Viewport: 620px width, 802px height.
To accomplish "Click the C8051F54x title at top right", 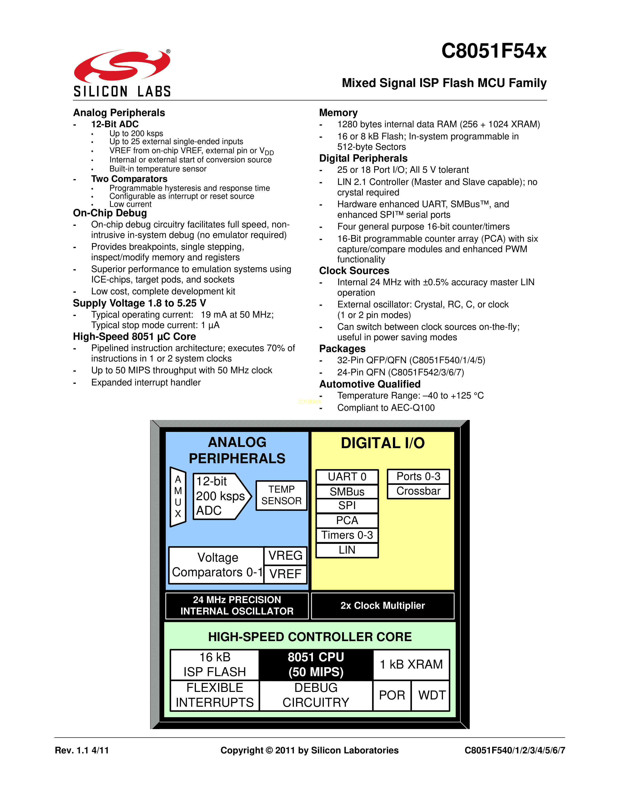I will pyautogui.click(x=493, y=51).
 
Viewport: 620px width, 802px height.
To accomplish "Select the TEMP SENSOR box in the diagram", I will pyautogui.click(x=281, y=495).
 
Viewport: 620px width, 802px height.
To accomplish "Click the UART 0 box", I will pyautogui.click(x=347, y=477).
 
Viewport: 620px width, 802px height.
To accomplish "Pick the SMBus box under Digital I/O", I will pyautogui.click(x=347, y=491).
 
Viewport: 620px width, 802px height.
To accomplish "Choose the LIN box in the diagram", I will pyautogui.click(x=347, y=550).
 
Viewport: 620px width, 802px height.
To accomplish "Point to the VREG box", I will pyautogui.click(x=285, y=556).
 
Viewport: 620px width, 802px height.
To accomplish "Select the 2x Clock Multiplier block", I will pyautogui.click(x=382, y=606).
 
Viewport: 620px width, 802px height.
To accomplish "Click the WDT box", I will pyautogui.click(x=431, y=695).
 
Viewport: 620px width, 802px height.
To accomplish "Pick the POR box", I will pyautogui.click(x=392, y=695).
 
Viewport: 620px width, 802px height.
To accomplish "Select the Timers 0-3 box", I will pyautogui.click(x=347, y=535).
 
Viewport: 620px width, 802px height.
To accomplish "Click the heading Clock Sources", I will pyautogui.click(x=354, y=271).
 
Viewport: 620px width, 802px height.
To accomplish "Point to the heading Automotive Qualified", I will pyautogui.click(x=370, y=384).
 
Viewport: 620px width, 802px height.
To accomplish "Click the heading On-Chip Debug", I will pyautogui.click(x=110, y=213).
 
